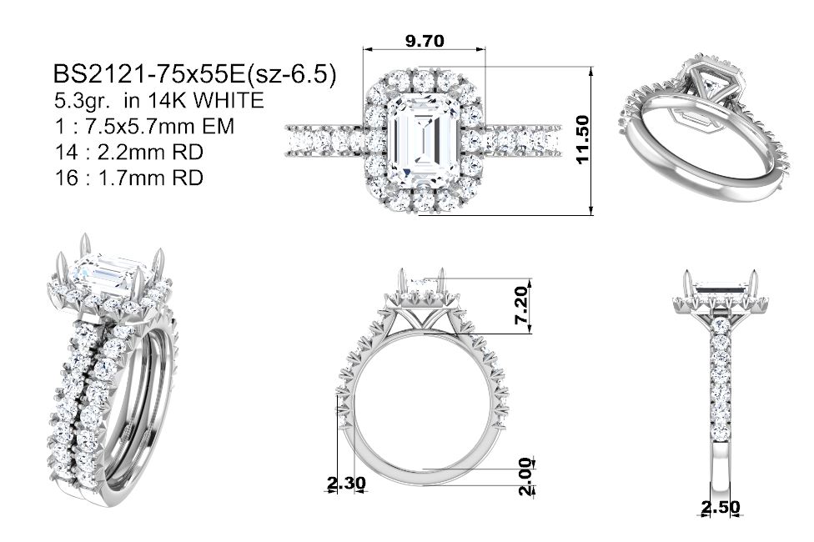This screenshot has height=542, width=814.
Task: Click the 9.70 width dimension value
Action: click(x=425, y=41)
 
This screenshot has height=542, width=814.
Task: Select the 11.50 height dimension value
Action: click(x=583, y=140)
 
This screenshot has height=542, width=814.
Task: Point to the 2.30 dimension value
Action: click(x=346, y=483)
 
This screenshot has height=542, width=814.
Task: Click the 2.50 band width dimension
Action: click(x=721, y=507)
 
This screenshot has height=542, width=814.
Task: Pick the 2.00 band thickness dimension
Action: click(x=526, y=476)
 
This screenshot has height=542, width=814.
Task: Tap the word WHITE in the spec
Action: click(x=228, y=100)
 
